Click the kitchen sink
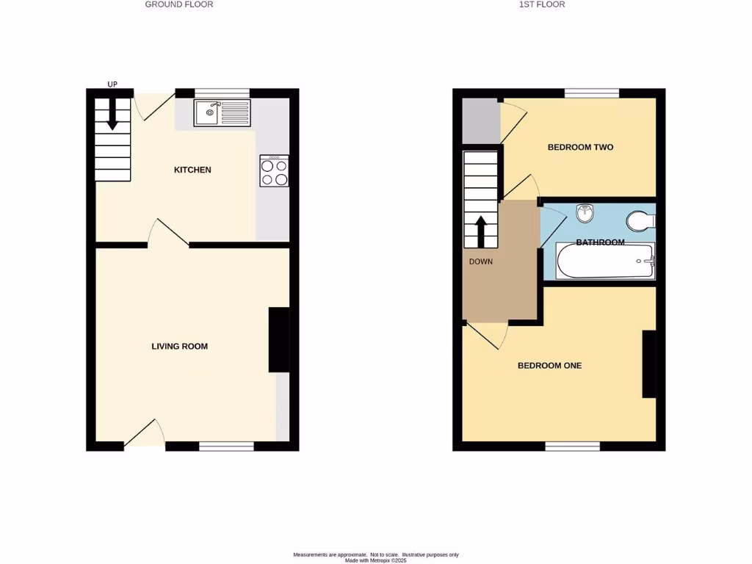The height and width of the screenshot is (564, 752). [x=223, y=113]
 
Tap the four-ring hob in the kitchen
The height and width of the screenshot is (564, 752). [x=274, y=172]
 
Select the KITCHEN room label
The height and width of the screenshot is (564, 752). [x=192, y=170]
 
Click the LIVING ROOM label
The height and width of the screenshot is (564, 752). [x=180, y=346]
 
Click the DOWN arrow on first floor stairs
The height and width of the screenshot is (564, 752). [x=481, y=230]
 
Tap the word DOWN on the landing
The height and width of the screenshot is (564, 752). [x=481, y=261]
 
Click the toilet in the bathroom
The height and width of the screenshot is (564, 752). [x=640, y=220]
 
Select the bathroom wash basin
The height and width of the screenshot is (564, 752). [x=586, y=214]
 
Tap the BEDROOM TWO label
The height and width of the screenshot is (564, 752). [x=580, y=147]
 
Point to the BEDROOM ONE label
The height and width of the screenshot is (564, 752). [x=549, y=365]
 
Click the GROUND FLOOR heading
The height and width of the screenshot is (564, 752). [x=179, y=4]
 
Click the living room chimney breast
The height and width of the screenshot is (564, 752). [x=278, y=339]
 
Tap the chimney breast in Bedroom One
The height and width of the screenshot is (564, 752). [x=648, y=364]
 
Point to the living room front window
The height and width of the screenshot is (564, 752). [x=226, y=446]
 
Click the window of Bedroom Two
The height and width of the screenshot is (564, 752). [x=592, y=93]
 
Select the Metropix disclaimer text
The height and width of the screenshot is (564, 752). [x=376, y=557]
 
